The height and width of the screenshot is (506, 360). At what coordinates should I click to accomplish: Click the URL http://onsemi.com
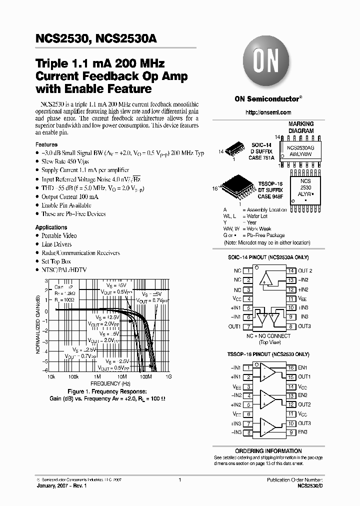pos(268,112)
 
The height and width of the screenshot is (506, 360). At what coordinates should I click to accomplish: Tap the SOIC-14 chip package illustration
pos(234,150)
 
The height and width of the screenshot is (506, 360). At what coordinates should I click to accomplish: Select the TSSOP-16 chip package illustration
pos(235,188)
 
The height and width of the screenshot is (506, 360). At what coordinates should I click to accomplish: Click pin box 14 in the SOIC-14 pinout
pos(290,270)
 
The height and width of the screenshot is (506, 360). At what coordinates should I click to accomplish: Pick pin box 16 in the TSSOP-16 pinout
pos(290,367)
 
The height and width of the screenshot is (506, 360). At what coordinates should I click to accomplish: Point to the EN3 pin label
pos(302,432)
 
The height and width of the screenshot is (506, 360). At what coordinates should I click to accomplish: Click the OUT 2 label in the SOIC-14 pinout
pos(305,270)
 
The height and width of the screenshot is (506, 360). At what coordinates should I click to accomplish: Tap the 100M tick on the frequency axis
pos(145,376)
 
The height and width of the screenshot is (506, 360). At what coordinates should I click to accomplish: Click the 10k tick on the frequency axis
pos(51,376)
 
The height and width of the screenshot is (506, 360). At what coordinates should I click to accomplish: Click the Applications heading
pos(51,227)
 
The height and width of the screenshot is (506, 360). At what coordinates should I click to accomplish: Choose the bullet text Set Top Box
pos(56,261)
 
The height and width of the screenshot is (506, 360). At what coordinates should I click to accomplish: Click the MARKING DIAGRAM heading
pos(300,127)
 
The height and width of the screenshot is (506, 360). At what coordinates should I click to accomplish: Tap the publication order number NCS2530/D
pos(310,485)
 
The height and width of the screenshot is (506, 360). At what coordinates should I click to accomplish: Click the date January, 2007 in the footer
pos(48,485)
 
